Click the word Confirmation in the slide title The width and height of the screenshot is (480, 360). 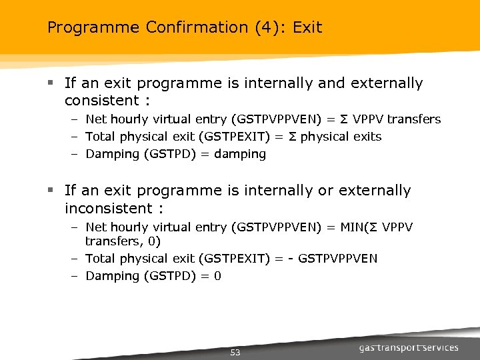pyautogui.click(x=175, y=27)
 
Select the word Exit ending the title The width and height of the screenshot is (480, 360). pyautogui.click(x=307, y=27)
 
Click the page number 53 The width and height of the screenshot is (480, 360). pyautogui.click(x=235, y=352)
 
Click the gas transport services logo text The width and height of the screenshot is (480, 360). pyautogui.click(x=409, y=347)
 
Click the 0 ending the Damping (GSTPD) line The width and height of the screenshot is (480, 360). pyautogui.click(x=217, y=275)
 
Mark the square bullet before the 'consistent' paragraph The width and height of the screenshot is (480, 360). pyautogui.click(x=50, y=84)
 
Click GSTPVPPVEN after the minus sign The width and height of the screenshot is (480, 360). pyautogui.click(x=337, y=258)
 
